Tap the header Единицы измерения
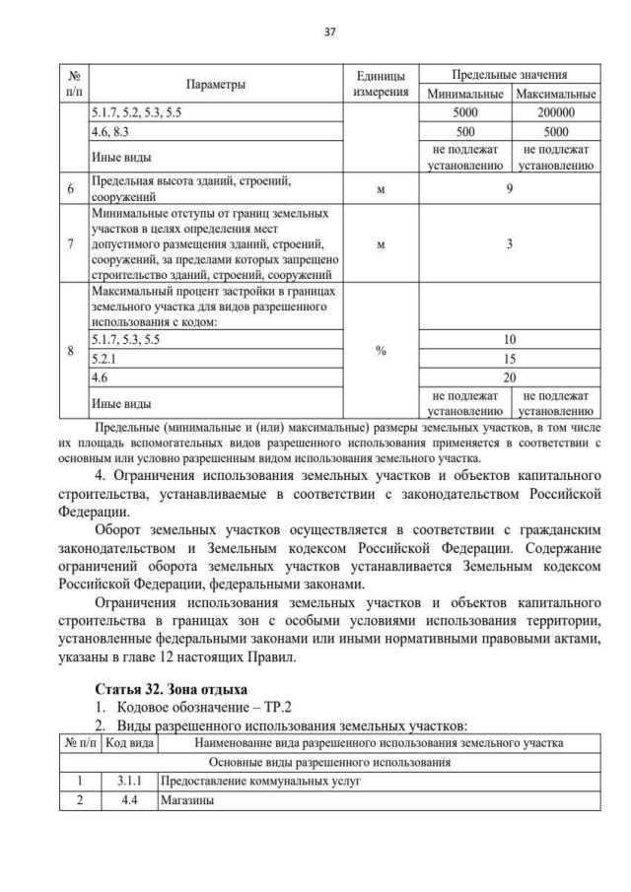[380, 85]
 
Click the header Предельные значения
[509, 75]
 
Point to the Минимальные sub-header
[464, 95]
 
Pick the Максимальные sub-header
[555, 95]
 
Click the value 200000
[555, 112]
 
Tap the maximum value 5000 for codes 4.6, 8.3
[555, 130]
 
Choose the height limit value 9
[509, 189]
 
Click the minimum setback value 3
[509, 245]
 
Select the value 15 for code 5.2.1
[509, 359]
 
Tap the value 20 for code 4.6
[509, 377]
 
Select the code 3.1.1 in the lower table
[129, 781]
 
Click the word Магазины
[186, 799]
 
